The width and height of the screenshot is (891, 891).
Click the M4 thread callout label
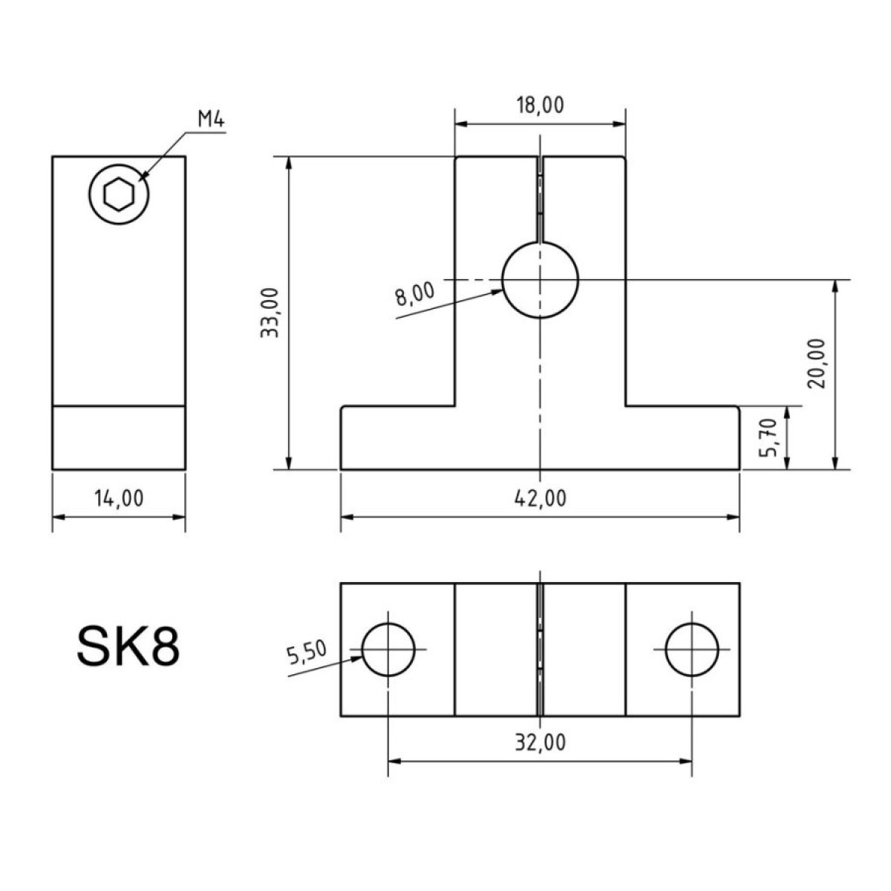click(x=211, y=120)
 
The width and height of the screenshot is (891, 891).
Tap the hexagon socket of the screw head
click(x=119, y=195)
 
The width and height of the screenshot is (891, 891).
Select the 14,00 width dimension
click(x=119, y=498)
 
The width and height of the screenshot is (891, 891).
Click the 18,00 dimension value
click(x=540, y=105)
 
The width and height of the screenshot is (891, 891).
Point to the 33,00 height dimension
click(x=270, y=313)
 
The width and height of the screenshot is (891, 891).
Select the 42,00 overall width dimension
click(x=540, y=498)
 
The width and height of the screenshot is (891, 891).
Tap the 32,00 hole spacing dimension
click(x=540, y=742)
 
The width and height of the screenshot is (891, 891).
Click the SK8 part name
click(x=128, y=646)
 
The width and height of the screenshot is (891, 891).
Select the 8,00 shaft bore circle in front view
click(x=540, y=280)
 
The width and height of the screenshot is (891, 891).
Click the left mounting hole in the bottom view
click(x=388, y=649)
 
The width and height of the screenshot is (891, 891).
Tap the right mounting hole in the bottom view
click(x=692, y=649)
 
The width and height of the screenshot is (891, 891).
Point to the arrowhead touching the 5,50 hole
click(x=356, y=659)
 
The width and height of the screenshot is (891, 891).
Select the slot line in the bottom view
click(x=540, y=650)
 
